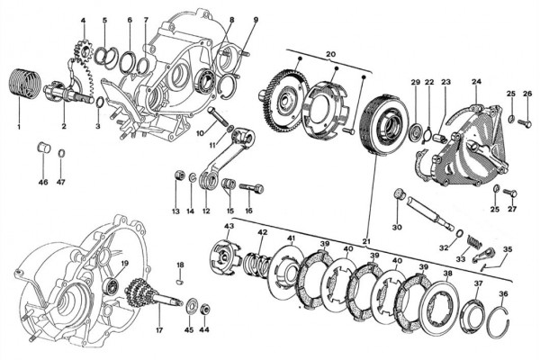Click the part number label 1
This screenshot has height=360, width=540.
pyautogui.click(x=19, y=127)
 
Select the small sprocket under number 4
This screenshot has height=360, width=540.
pyautogui.click(x=83, y=51)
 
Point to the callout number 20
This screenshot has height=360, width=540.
pyautogui.click(x=330, y=54)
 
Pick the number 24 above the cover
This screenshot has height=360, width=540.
pyautogui.click(x=477, y=82)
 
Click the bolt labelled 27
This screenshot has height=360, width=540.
pyautogui.click(x=510, y=193)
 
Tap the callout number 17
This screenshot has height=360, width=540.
pyautogui.click(x=159, y=329)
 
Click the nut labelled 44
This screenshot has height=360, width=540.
pyautogui.click(x=204, y=309)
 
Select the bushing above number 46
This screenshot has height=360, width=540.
pyautogui.click(x=44, y=148)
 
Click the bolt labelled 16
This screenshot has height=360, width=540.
pyautogui.click(x=251, y=188)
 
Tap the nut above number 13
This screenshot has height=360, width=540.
pyautogui.click(x=179, y=175)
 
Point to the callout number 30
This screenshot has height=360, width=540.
pyautogui.click(x=397, y=228)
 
